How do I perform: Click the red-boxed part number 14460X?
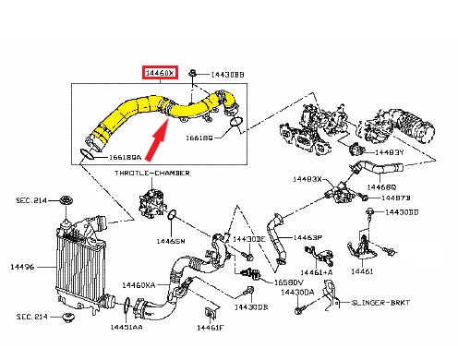(156, 72)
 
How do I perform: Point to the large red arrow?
(159, 133)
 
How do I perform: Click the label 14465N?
(171, 241)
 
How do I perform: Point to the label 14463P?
(307, 237)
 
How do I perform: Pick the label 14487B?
(400, 197)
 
